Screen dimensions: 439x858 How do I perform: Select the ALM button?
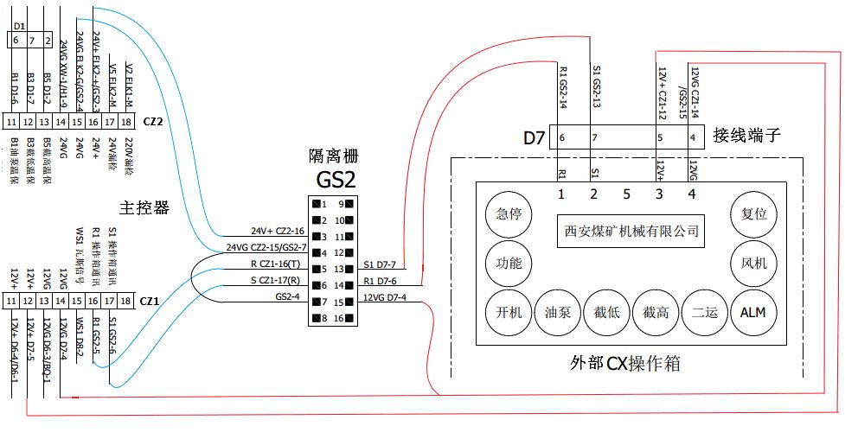(x=753, y=312)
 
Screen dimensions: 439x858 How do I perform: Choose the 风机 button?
(x=753, y=263)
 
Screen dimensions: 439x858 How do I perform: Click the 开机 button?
(x=503, y=312)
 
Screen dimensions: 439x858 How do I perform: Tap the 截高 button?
(x=653, y=312)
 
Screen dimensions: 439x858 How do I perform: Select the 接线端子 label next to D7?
(x=747, y=136)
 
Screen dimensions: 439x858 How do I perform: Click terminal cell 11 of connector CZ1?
(x=11, y=300)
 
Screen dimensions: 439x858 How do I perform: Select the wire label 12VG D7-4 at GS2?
(x=384, y=298)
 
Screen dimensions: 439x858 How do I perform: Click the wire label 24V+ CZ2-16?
(x=278, y=231)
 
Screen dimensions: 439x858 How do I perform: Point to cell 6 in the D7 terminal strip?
(x=562, y=137)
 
